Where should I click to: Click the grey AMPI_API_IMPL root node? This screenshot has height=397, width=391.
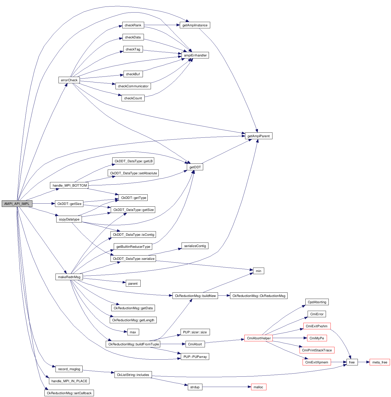click(x=17, y=204)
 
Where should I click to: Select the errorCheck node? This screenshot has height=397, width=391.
click(x=69, y=80)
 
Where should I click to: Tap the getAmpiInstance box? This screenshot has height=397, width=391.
click(x=195, y=25)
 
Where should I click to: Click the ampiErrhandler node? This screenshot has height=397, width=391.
click(x=195, y=55)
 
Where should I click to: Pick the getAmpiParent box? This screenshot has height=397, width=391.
click(x=258, y=136)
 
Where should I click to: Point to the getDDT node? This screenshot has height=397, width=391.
click(x=195, y=167)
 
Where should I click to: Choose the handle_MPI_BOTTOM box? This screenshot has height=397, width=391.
click(x=70, y=185)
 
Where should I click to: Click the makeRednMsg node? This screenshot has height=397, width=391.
click(x=69, y=277)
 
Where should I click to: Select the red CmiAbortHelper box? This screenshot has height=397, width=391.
click(x=259, y=338)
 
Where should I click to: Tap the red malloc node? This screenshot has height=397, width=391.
click(x=258, y=387)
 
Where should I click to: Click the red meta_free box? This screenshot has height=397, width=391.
click(x=380, y=362)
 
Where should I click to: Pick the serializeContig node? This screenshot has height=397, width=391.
click(x=195, y=246)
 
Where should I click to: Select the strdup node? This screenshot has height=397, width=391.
click(x=195, y=387)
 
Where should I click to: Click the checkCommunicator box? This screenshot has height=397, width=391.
click(x=133, y=86)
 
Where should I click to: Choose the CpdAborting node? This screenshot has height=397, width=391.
click(x=317, y=302)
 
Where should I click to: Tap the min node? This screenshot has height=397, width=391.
click(x=258, y=271)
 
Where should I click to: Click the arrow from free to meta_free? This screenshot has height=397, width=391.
click(x=364, y=362)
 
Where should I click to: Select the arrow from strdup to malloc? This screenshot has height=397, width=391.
click(x=226, y=387)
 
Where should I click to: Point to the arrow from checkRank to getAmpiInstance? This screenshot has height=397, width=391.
click(x=162, y=25)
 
